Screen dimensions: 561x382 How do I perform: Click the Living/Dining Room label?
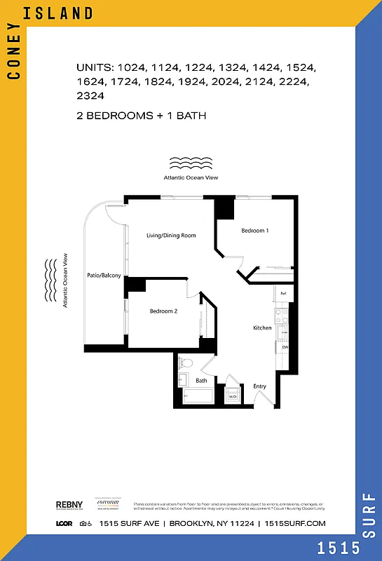coord(171,236)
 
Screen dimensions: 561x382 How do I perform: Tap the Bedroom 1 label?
coord(254,231)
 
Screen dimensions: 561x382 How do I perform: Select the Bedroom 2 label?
coord(163,311)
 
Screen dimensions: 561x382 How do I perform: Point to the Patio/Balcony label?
coord(104,276)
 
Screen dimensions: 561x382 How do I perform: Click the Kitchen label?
coord(262,328)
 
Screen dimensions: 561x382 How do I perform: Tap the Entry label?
coord(259,386)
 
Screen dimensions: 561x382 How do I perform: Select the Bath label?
coord(201,381)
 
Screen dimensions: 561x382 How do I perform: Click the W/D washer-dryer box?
coord(233,396)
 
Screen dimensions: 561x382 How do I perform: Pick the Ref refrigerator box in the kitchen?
coord(283,294)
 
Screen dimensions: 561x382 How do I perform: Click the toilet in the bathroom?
coord(185,363)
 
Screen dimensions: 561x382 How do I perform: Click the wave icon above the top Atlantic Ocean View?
coord(191,164)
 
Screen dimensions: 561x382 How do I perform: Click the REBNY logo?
coord(69,505)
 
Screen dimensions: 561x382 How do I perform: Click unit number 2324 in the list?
coord(90,95)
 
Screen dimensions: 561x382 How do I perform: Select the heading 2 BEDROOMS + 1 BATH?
coord(141,115)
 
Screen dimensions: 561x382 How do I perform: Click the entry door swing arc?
coord(265,400)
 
